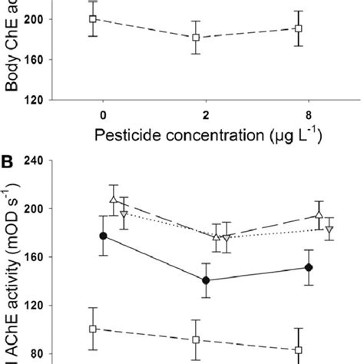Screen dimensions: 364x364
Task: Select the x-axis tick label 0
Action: [102, 115]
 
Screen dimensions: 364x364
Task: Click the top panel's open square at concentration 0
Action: [93, 18]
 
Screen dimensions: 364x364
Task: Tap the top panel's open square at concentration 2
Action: [196, 37]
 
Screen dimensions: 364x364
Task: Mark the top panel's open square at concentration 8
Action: [299, 28]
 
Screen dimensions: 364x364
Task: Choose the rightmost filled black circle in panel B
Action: [308, 267]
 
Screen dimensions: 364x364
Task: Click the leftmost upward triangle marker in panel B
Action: [114, 200]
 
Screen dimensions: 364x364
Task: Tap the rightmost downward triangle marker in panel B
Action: [329, 230]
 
